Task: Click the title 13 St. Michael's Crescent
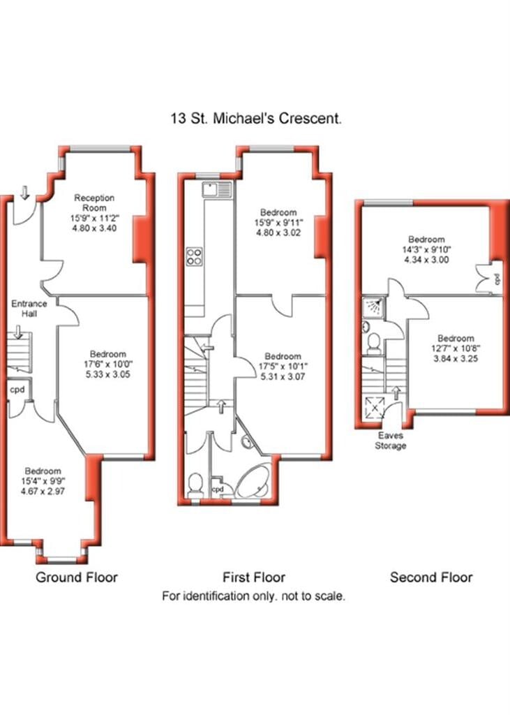256,119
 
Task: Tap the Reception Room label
94,203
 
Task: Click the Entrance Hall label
29,309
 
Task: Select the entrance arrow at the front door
26,191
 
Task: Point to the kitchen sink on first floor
211,189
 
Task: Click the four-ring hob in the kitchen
195,256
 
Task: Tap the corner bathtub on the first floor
253,481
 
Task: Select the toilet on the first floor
197,482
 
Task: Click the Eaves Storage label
391,441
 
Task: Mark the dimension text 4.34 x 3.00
426,259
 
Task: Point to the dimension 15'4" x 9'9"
43,480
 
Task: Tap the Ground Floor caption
77,577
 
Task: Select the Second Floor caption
430,577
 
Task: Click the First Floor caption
254,577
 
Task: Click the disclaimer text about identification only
254,597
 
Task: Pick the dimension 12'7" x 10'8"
456,349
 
